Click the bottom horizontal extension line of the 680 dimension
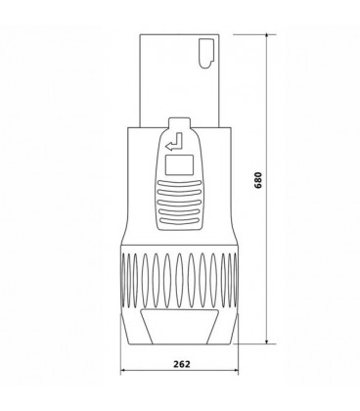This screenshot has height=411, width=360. click(245, 343)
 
